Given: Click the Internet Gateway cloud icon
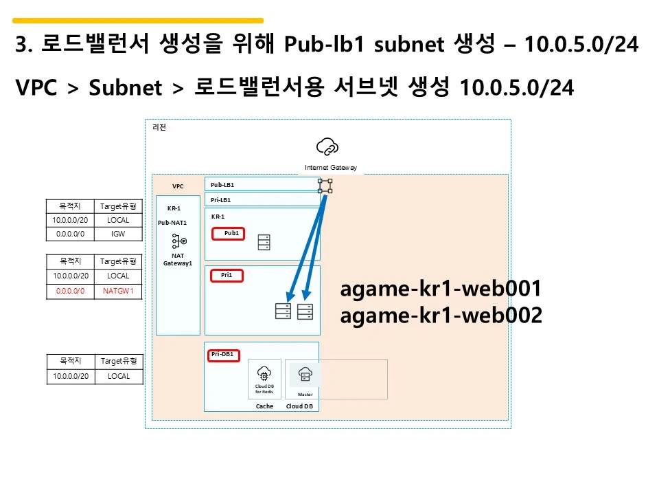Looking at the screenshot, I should point(327,146).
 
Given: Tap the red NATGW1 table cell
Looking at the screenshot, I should point(119,291).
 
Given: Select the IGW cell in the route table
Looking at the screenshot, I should point(119,234).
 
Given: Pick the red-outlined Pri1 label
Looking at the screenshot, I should point(227,275).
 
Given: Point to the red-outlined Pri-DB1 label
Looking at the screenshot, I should point(222,355).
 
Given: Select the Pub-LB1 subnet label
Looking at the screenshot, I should point(222,185).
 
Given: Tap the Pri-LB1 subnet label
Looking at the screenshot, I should point(221,200).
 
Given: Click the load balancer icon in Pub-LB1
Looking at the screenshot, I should point(325,186).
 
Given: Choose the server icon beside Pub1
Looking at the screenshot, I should point(264,243).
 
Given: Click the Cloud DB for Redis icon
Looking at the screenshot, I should point(264,374).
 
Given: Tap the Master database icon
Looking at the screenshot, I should point(305,375).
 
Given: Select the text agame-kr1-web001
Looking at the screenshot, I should point(441,289).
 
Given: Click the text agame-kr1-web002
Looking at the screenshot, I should point(441,316).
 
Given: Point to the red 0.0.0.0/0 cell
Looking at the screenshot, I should point(71,291).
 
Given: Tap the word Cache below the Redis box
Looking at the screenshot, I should point(264,406).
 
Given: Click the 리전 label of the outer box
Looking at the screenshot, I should point(159,127).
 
